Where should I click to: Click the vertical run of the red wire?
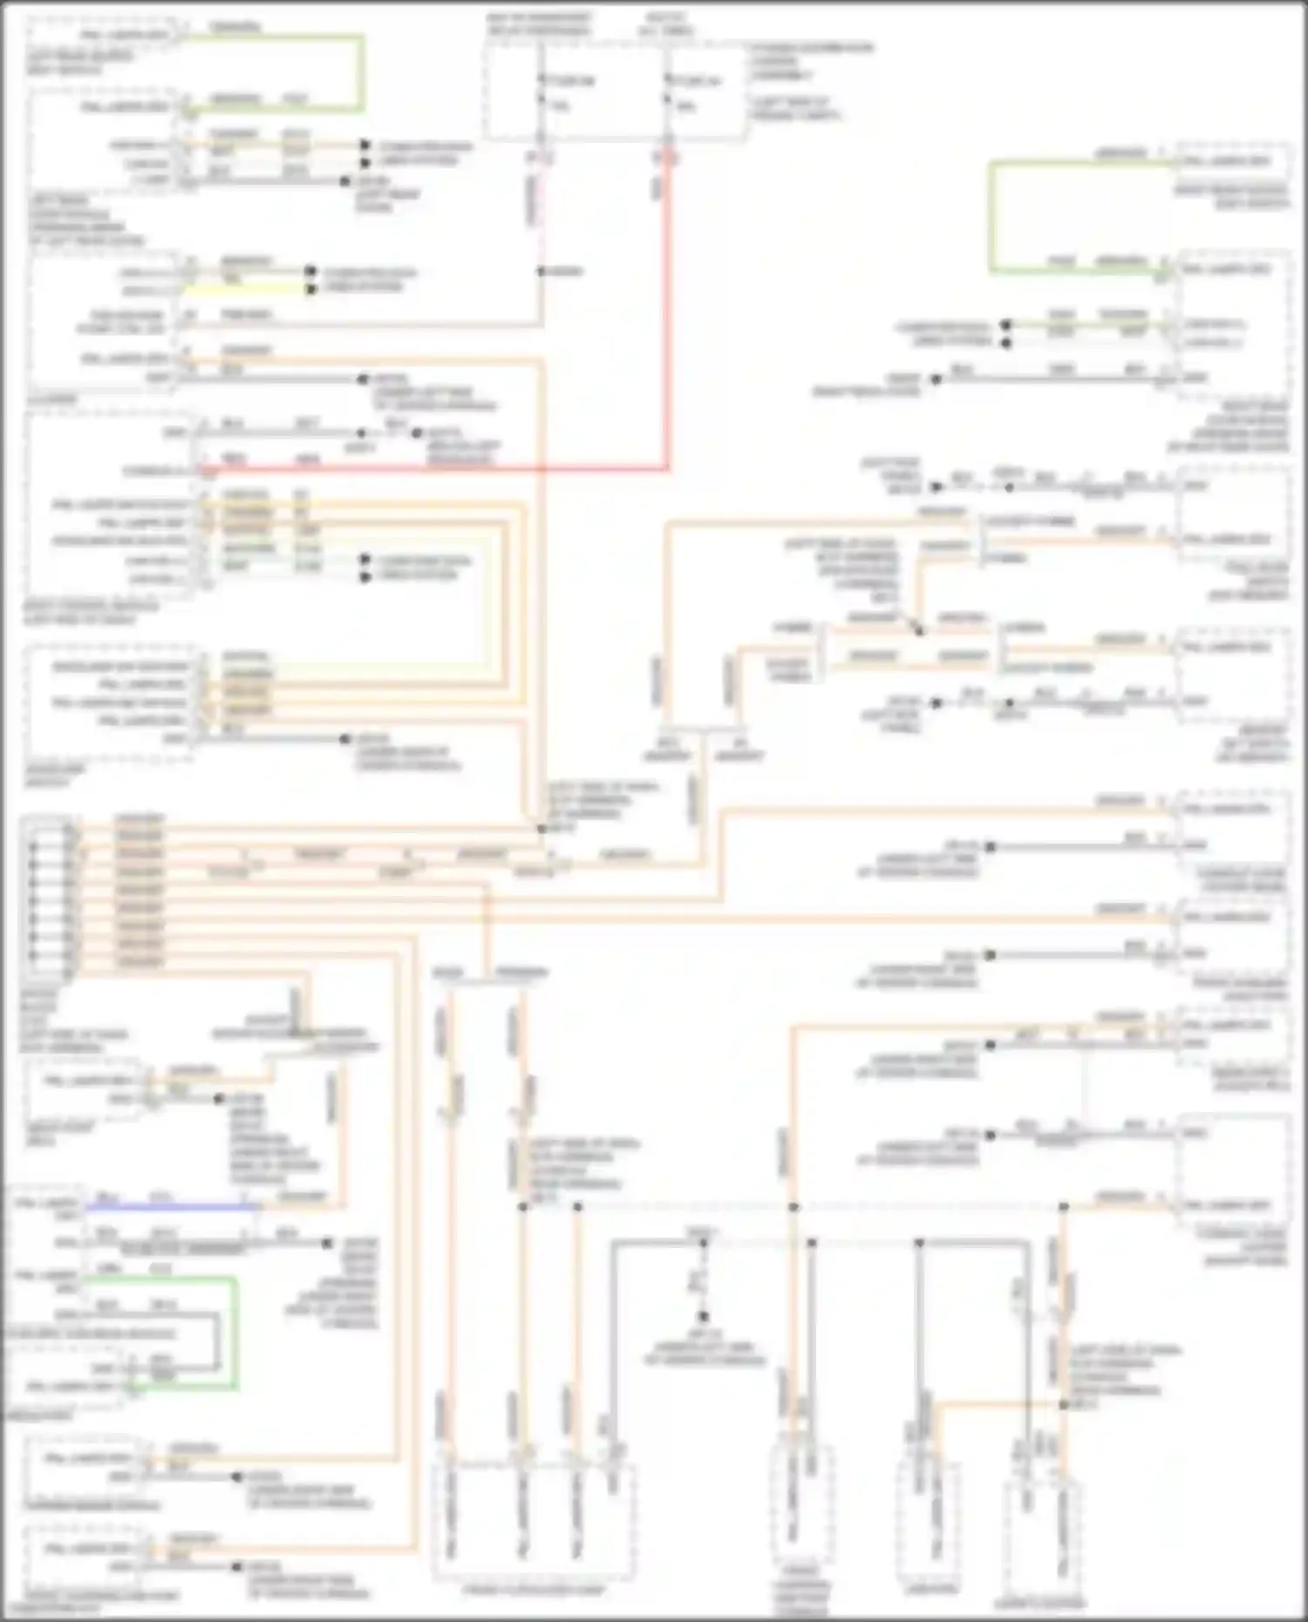pos(669,314)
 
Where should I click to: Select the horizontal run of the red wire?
pos(436,469)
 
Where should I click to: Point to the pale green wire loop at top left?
pos(361,74)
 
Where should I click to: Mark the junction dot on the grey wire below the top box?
pos(541,271)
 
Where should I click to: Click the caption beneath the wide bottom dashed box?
pos(534,1591)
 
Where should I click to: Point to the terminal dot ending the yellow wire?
pos(311,289)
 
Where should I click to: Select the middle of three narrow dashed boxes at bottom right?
pos(930,1521)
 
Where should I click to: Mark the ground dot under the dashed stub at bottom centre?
pos(703,1317)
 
